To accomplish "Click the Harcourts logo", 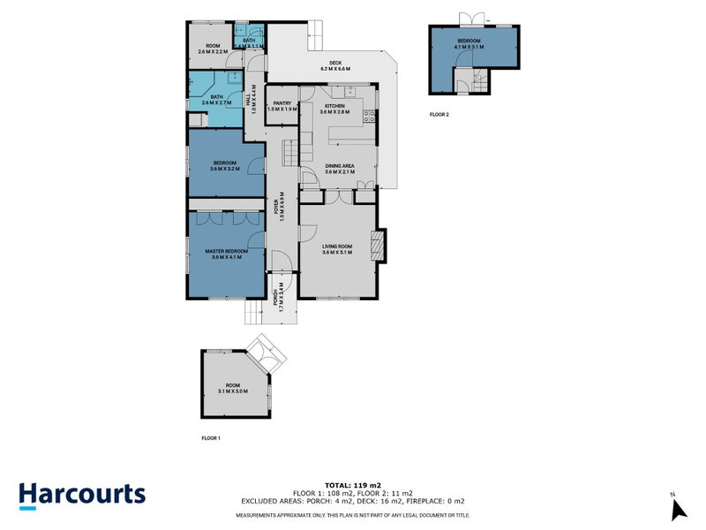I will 82,494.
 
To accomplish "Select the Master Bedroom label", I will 226,254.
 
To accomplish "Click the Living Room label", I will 338,250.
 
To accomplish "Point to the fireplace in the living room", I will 379,245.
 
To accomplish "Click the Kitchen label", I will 335,109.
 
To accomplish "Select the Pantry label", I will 282,106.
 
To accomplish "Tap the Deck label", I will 335,66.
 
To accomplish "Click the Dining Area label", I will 340,169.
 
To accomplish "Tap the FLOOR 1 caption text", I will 211,438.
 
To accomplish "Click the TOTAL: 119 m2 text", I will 353,486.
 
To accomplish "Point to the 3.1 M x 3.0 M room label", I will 232,389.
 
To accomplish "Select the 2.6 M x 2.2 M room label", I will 213,49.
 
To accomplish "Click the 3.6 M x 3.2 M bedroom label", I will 226,165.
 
